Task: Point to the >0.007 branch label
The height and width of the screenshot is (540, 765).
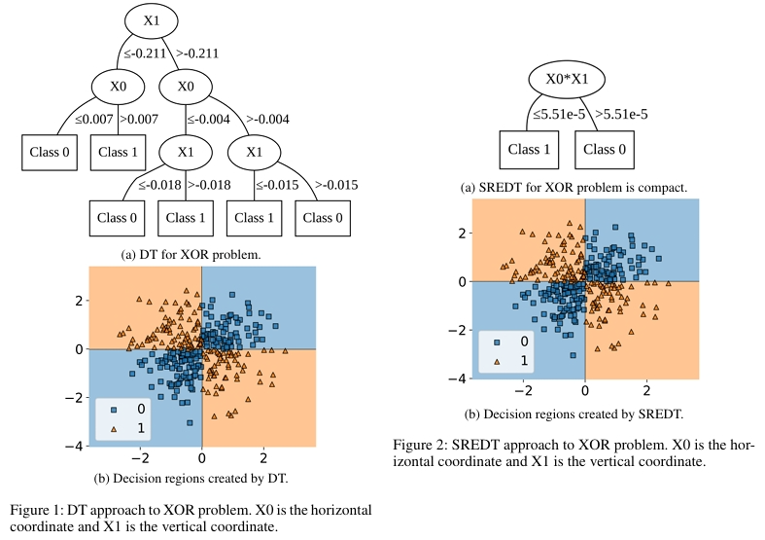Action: point(138,119)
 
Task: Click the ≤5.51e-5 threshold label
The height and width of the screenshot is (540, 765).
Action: point(560,115)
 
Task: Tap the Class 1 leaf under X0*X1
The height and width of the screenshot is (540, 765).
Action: point(530,150)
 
